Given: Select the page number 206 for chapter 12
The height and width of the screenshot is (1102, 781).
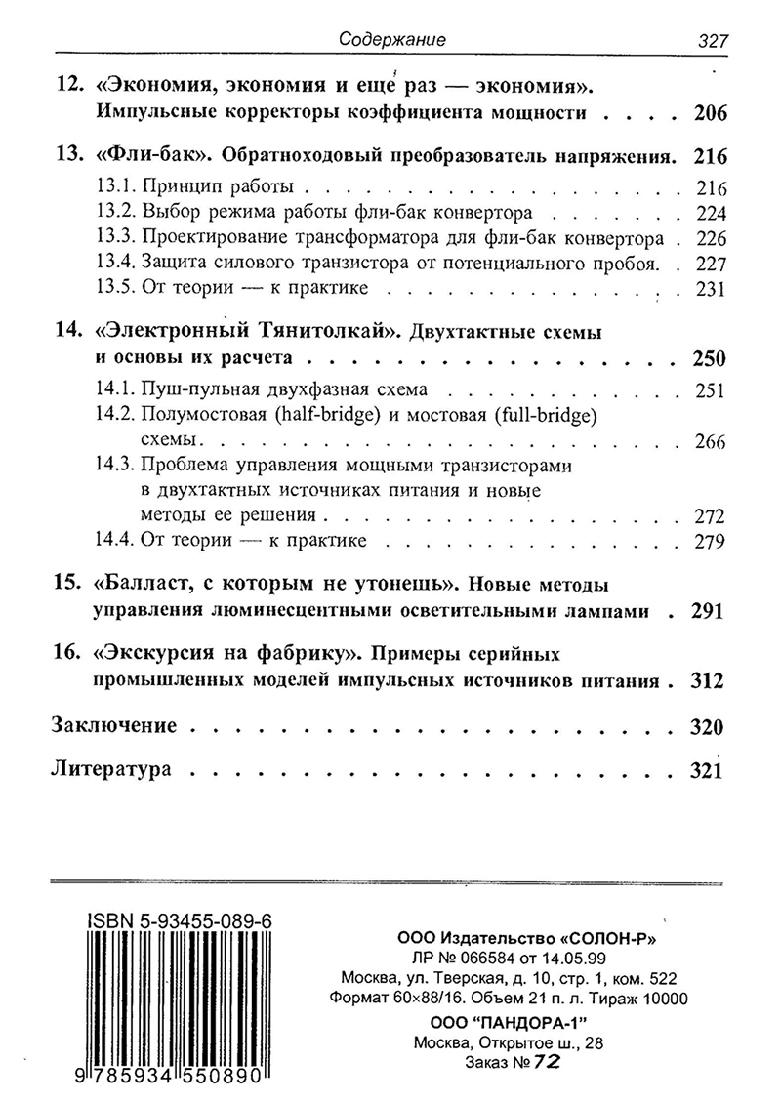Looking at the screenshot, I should (x=710, y=113).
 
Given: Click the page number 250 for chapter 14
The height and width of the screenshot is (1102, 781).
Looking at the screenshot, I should (x=710, y=357).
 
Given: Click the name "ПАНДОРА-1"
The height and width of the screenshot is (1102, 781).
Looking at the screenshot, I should (x=533, y=1021).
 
